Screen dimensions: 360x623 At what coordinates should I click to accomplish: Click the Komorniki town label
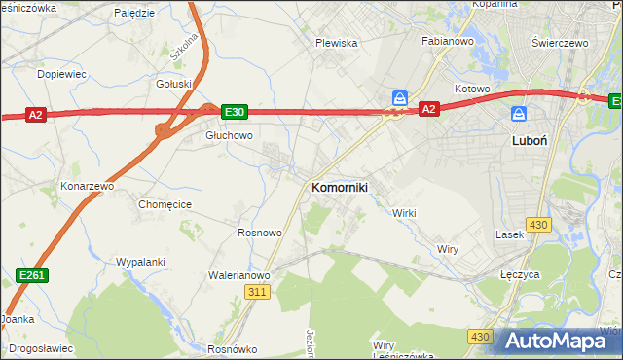click(339, 188)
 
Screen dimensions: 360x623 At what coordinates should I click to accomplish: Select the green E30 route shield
click(234, 112)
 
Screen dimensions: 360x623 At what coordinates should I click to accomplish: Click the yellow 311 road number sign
click(257, 292)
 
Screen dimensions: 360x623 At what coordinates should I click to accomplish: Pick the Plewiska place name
click(337, 43)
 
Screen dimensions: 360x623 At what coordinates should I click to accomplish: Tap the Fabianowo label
click(446, 42)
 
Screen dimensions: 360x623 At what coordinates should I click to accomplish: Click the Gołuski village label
click(174, 84)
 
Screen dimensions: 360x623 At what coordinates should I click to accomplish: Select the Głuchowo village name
click(229, 136)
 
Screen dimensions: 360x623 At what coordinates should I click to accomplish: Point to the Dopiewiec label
click(61, 73)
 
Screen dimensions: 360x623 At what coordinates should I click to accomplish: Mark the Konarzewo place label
click(88, 185)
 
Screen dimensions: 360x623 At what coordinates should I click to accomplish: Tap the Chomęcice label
click(165, 204)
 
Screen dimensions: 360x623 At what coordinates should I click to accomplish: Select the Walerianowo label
click(238, 275)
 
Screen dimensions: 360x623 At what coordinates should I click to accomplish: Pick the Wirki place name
click(404, 213)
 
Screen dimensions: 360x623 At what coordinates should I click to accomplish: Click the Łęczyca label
click(520, 275)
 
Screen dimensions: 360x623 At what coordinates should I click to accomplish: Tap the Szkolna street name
click(184, 46)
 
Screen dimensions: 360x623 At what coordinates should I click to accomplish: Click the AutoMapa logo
click(557, 342)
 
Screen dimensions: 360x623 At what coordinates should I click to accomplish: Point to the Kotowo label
click(471, 90)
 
